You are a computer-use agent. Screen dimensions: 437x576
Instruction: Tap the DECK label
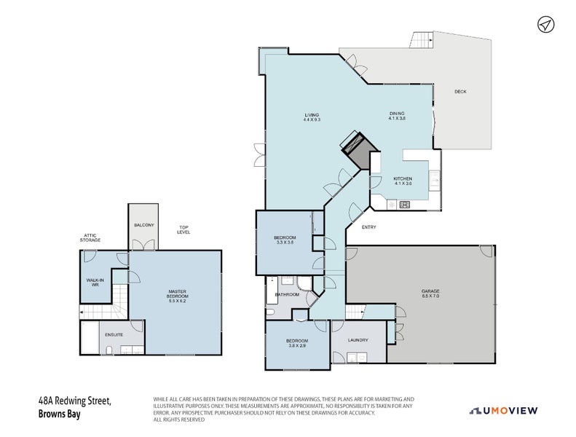[x=459, y=92]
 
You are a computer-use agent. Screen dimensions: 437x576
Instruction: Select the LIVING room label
[x=312, y=117]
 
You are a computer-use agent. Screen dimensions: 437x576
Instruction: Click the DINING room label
[x=397, y=116]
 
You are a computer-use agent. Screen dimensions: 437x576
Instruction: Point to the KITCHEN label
[x=403, y=181]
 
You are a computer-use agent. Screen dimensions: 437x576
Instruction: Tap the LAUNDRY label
[x=358, y=340]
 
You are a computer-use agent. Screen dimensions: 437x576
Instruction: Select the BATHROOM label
[x=287, y=295]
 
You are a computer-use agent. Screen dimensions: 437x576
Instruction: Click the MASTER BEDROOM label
[x=178, y=294]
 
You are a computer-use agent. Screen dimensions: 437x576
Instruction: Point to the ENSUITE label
[x=114, y=334]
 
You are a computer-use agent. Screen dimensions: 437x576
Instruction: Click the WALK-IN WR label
[x=93, y=282]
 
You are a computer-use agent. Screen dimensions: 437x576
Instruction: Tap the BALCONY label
[x=143, y=225]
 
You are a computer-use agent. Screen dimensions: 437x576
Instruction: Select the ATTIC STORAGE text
[x=91, y=238]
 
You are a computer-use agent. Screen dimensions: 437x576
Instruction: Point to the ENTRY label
[x=368, y=228]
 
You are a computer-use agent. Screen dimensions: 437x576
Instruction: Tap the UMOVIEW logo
[x=503, y=411]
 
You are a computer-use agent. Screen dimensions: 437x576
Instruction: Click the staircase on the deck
[x=422, y=40]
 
